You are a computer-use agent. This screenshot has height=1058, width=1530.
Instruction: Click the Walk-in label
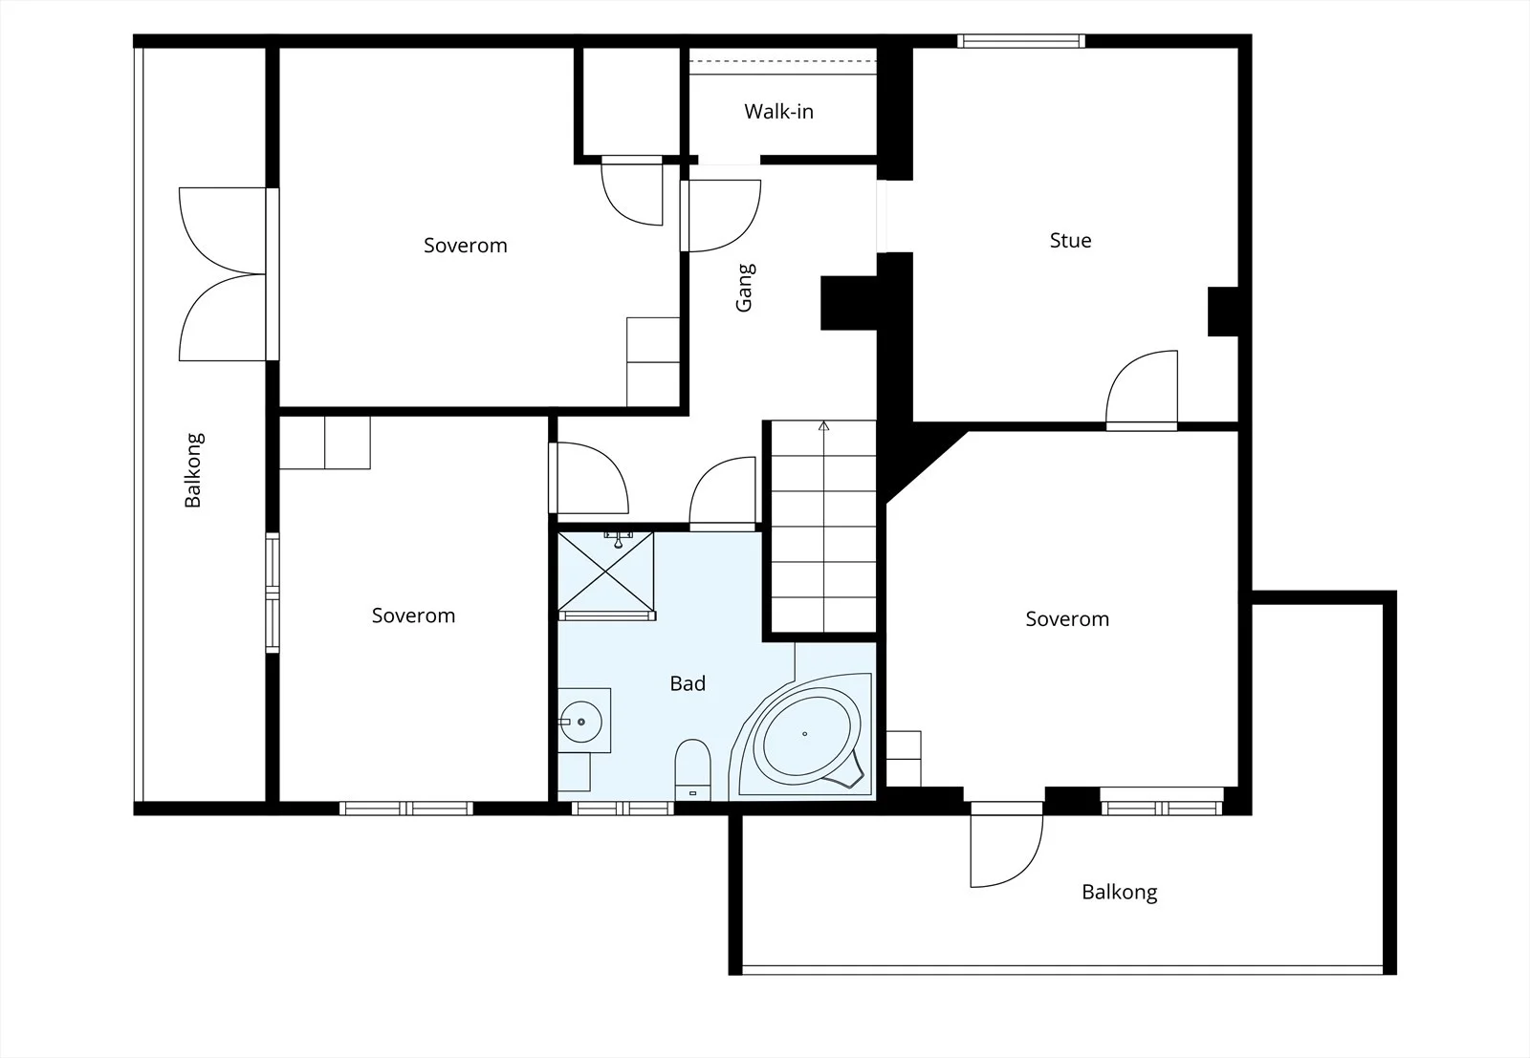click(778, 111)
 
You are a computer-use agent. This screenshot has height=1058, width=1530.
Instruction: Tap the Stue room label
click(1070, 240)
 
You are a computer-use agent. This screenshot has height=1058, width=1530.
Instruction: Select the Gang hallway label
click(744, 288)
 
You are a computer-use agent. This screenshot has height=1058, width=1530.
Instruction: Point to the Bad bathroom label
click(688, 683)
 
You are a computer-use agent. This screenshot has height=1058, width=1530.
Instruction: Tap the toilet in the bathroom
click(692, 769)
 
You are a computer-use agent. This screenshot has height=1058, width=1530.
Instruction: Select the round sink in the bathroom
click(580, 722)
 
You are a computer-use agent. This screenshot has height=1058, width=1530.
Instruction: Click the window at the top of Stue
click(1021, 41)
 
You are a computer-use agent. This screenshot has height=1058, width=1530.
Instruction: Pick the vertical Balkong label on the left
click(193, 470)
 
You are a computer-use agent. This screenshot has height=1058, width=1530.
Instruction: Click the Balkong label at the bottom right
click(1120, 893)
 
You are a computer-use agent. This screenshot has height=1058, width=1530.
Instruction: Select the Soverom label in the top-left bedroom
click(465, 245)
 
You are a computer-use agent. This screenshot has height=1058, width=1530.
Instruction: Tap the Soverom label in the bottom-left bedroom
click(413, 615)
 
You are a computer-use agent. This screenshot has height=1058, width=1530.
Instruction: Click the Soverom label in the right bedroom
click(1067, 619)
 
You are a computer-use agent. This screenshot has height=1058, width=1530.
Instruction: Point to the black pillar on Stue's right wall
click(1223, 312)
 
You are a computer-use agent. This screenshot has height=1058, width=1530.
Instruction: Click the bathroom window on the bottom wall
click(623, 809)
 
